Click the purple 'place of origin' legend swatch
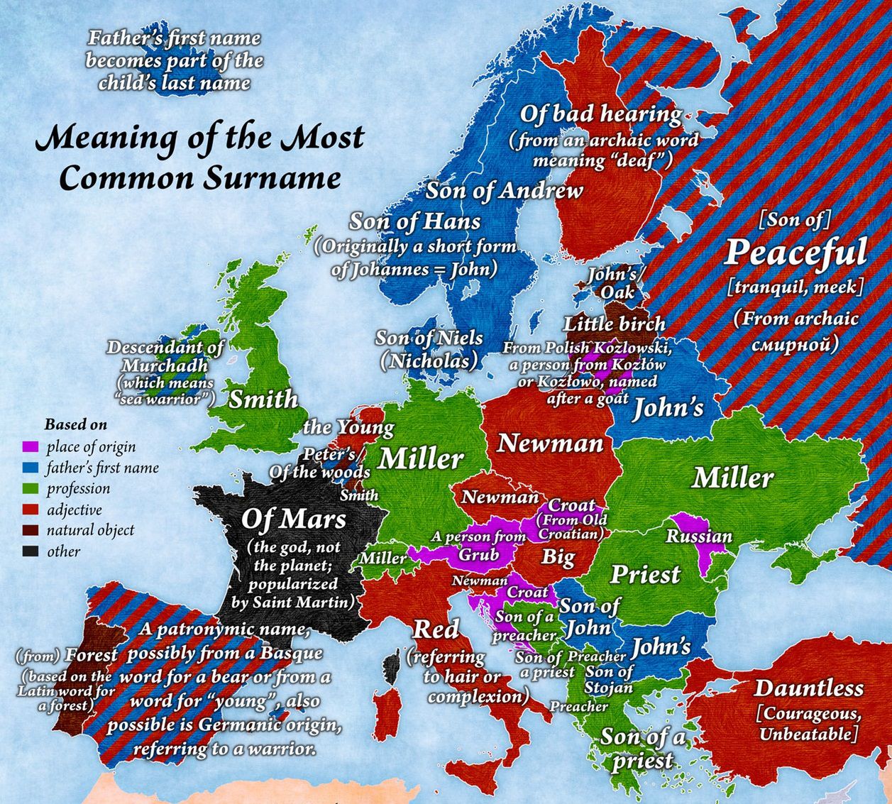(30, 447)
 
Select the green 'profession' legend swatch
(30, 489)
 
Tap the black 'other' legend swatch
(30, 551)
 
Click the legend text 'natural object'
(90, 530)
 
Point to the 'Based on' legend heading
(76, 425)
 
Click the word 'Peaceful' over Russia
(795, 253)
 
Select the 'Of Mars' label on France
(293, 519)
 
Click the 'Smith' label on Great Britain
(263, 399)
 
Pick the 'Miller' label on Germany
(420, 459)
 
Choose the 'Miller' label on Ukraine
(732, 478)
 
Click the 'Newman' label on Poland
(550, 444)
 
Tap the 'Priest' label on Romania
(645, 574)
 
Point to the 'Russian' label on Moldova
(698, 536)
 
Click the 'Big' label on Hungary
(558, 556)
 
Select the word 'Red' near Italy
(436, 629)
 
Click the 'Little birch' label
(615, 325)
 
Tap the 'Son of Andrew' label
(504, 190)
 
